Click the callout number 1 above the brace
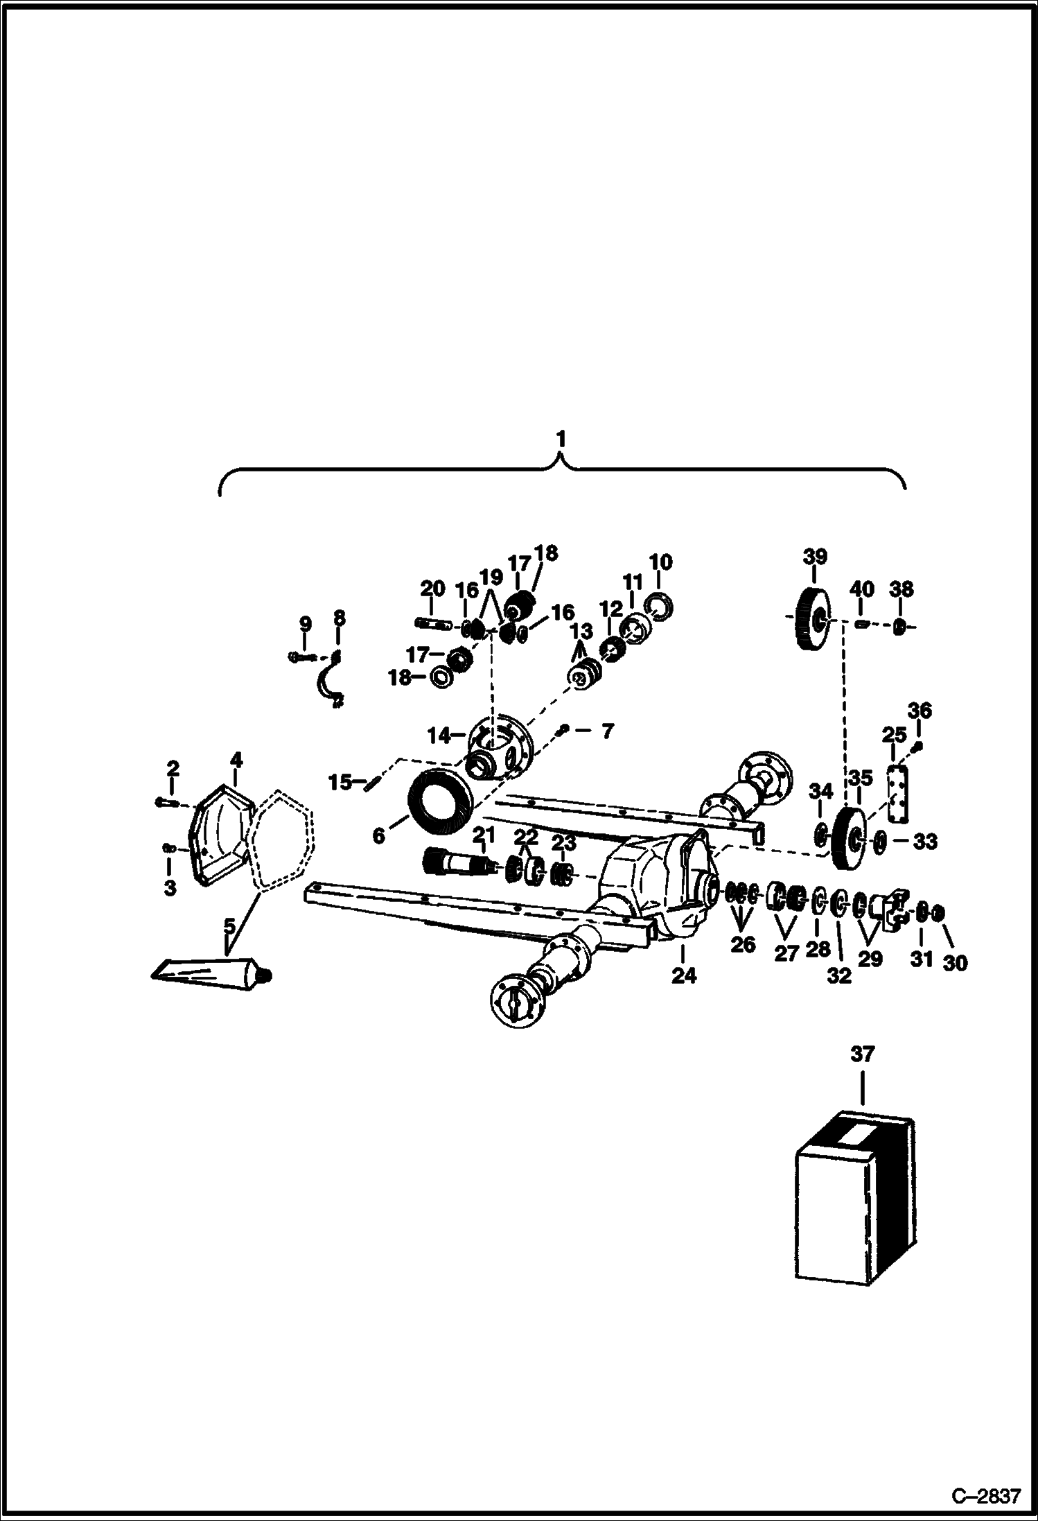click(x=561, y=440)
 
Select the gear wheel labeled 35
click(x=847, y=839)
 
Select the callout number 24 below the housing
click(x=683, y=975)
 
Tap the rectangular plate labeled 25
click(x=899, y=793)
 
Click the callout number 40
click(x=862, y=589)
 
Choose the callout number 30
click(x=955, y=962)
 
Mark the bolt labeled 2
click(x=166, y=802)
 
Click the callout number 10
click(x=660, y=562)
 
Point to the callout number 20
click(x=433, y=589)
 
